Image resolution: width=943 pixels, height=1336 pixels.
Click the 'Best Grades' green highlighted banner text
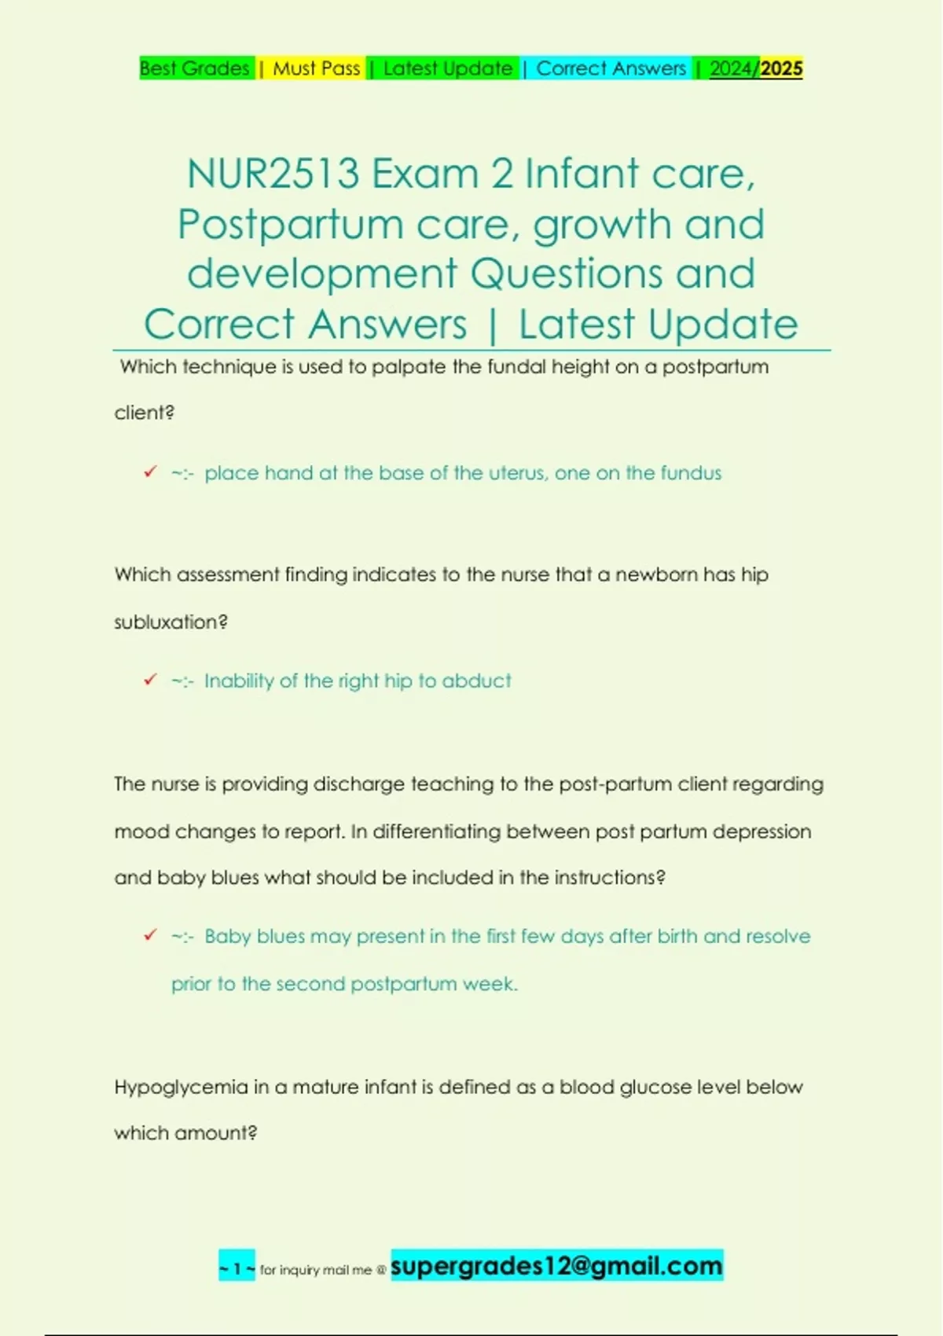[x=194, y=68]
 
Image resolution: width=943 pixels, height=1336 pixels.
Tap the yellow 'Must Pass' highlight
[x=316, y=68]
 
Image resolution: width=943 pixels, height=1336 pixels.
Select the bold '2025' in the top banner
[x=782, y=68]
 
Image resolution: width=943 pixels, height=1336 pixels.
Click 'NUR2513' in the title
[x=273, y=174]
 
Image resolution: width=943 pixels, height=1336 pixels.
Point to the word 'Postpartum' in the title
[x=289, y=225]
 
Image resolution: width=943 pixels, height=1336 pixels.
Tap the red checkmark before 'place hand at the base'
[x=150, y=472]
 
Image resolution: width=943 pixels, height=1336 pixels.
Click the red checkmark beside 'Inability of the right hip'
[x=150, y=680]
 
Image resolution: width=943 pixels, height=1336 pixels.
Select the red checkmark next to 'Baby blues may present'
[x=150, y=935]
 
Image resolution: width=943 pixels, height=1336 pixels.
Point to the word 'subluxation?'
[x=171, y=622]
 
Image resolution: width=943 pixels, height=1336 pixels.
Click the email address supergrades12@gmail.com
[x=556, y=1265]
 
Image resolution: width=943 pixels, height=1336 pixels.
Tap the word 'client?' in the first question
[x=144, y=413]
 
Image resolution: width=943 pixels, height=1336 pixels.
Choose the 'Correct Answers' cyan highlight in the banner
[x=611, y=68]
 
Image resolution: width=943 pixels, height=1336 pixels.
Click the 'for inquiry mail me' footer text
[x=316, y=1269]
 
